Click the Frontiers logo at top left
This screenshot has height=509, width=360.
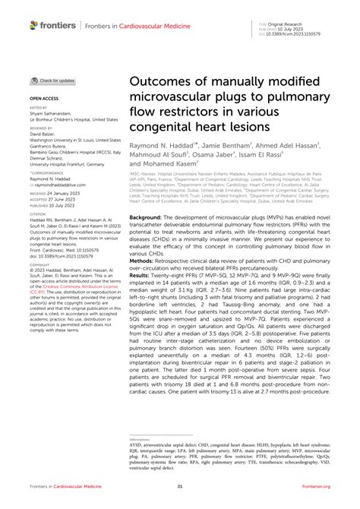point(47,26)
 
